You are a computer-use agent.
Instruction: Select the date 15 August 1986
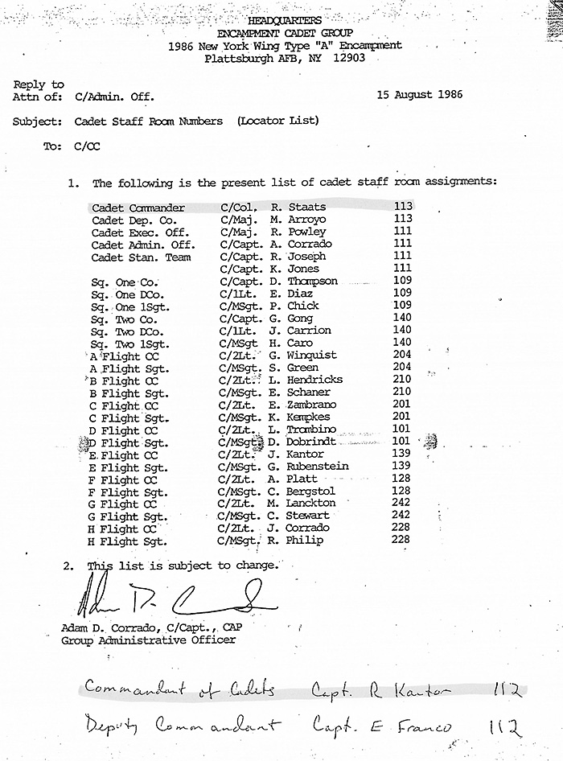(419, 95)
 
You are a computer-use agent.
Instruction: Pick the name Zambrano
(312, 405)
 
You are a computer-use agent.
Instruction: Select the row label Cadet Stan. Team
(141, 257)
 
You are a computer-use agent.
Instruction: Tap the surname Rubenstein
(318, 467)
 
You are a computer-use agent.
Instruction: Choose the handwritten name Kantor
(427, 690)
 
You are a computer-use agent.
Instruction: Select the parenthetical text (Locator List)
(277, 121)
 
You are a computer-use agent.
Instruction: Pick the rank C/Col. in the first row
(240, 208)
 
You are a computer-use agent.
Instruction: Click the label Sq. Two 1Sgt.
(127, 343)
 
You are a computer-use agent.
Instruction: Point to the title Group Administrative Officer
(148, 640)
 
